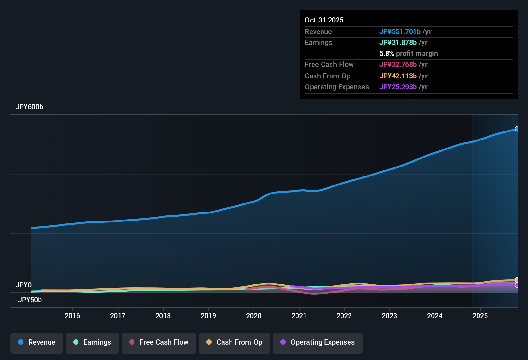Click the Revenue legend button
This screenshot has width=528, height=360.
coord(37,342)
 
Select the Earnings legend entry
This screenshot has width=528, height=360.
coord(92,342)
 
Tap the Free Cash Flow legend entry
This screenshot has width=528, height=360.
coord(159,342)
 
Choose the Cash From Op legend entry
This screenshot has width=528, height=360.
coord(234,342)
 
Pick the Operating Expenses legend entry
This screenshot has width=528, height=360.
coord(318,342)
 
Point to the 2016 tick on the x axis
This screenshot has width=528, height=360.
coord(72,316)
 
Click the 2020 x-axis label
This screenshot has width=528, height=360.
coord(254,316)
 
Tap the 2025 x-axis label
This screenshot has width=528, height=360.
coord(480,316)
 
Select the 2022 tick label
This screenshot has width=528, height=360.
coord(344,316)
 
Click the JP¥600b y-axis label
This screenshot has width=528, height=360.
coord(29,107)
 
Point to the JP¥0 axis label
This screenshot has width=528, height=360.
coord(23,285)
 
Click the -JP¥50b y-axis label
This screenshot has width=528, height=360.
coord(29,300)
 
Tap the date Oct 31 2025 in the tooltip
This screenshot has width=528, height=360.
coord(324,20)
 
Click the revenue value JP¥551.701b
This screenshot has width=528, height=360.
coord(400,32)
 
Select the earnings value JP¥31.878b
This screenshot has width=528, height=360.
coord(398,42)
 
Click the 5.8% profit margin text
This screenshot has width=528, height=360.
coord(408,54)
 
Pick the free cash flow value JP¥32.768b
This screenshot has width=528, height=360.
coord(398,64)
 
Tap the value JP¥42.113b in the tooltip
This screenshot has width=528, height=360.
coord(398,76)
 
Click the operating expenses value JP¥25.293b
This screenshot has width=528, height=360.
coord(398,87)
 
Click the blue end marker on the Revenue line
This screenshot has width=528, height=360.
coord(517,129)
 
